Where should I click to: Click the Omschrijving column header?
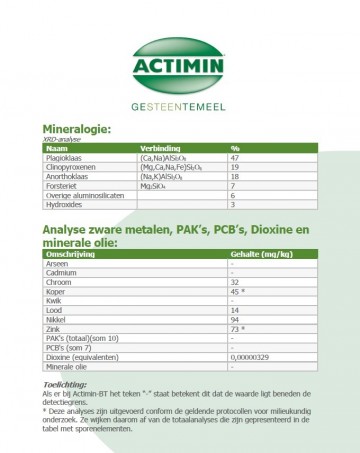coord(69,254)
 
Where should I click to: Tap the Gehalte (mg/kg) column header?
coord(258,254)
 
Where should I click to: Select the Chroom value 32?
coord(234,281)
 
